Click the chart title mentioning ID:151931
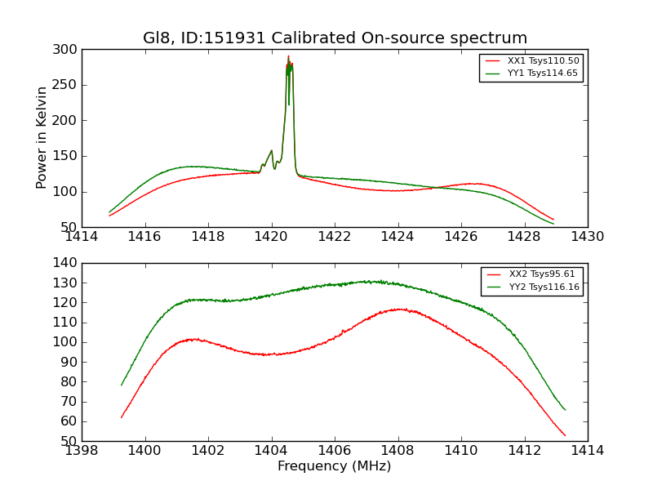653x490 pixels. click(335, 38)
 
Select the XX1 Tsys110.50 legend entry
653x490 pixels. click(543, 61)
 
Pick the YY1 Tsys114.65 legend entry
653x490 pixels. click(543, 73)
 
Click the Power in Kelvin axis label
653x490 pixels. click(42, 138)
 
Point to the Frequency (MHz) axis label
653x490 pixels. click(335, 466)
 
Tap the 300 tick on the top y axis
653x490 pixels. click(69, 50)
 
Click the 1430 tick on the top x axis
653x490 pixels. click(587, 237)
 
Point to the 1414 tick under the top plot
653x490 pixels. click(82, 237)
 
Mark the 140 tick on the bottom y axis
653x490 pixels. click(69, 263)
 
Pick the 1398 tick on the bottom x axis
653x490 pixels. click(82, 451)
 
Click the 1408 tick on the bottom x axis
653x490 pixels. click(398, 451)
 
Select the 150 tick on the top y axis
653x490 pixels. click(69, 156)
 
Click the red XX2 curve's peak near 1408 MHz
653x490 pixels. click(398, 309)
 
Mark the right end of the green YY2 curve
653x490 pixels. click(564, 409)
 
